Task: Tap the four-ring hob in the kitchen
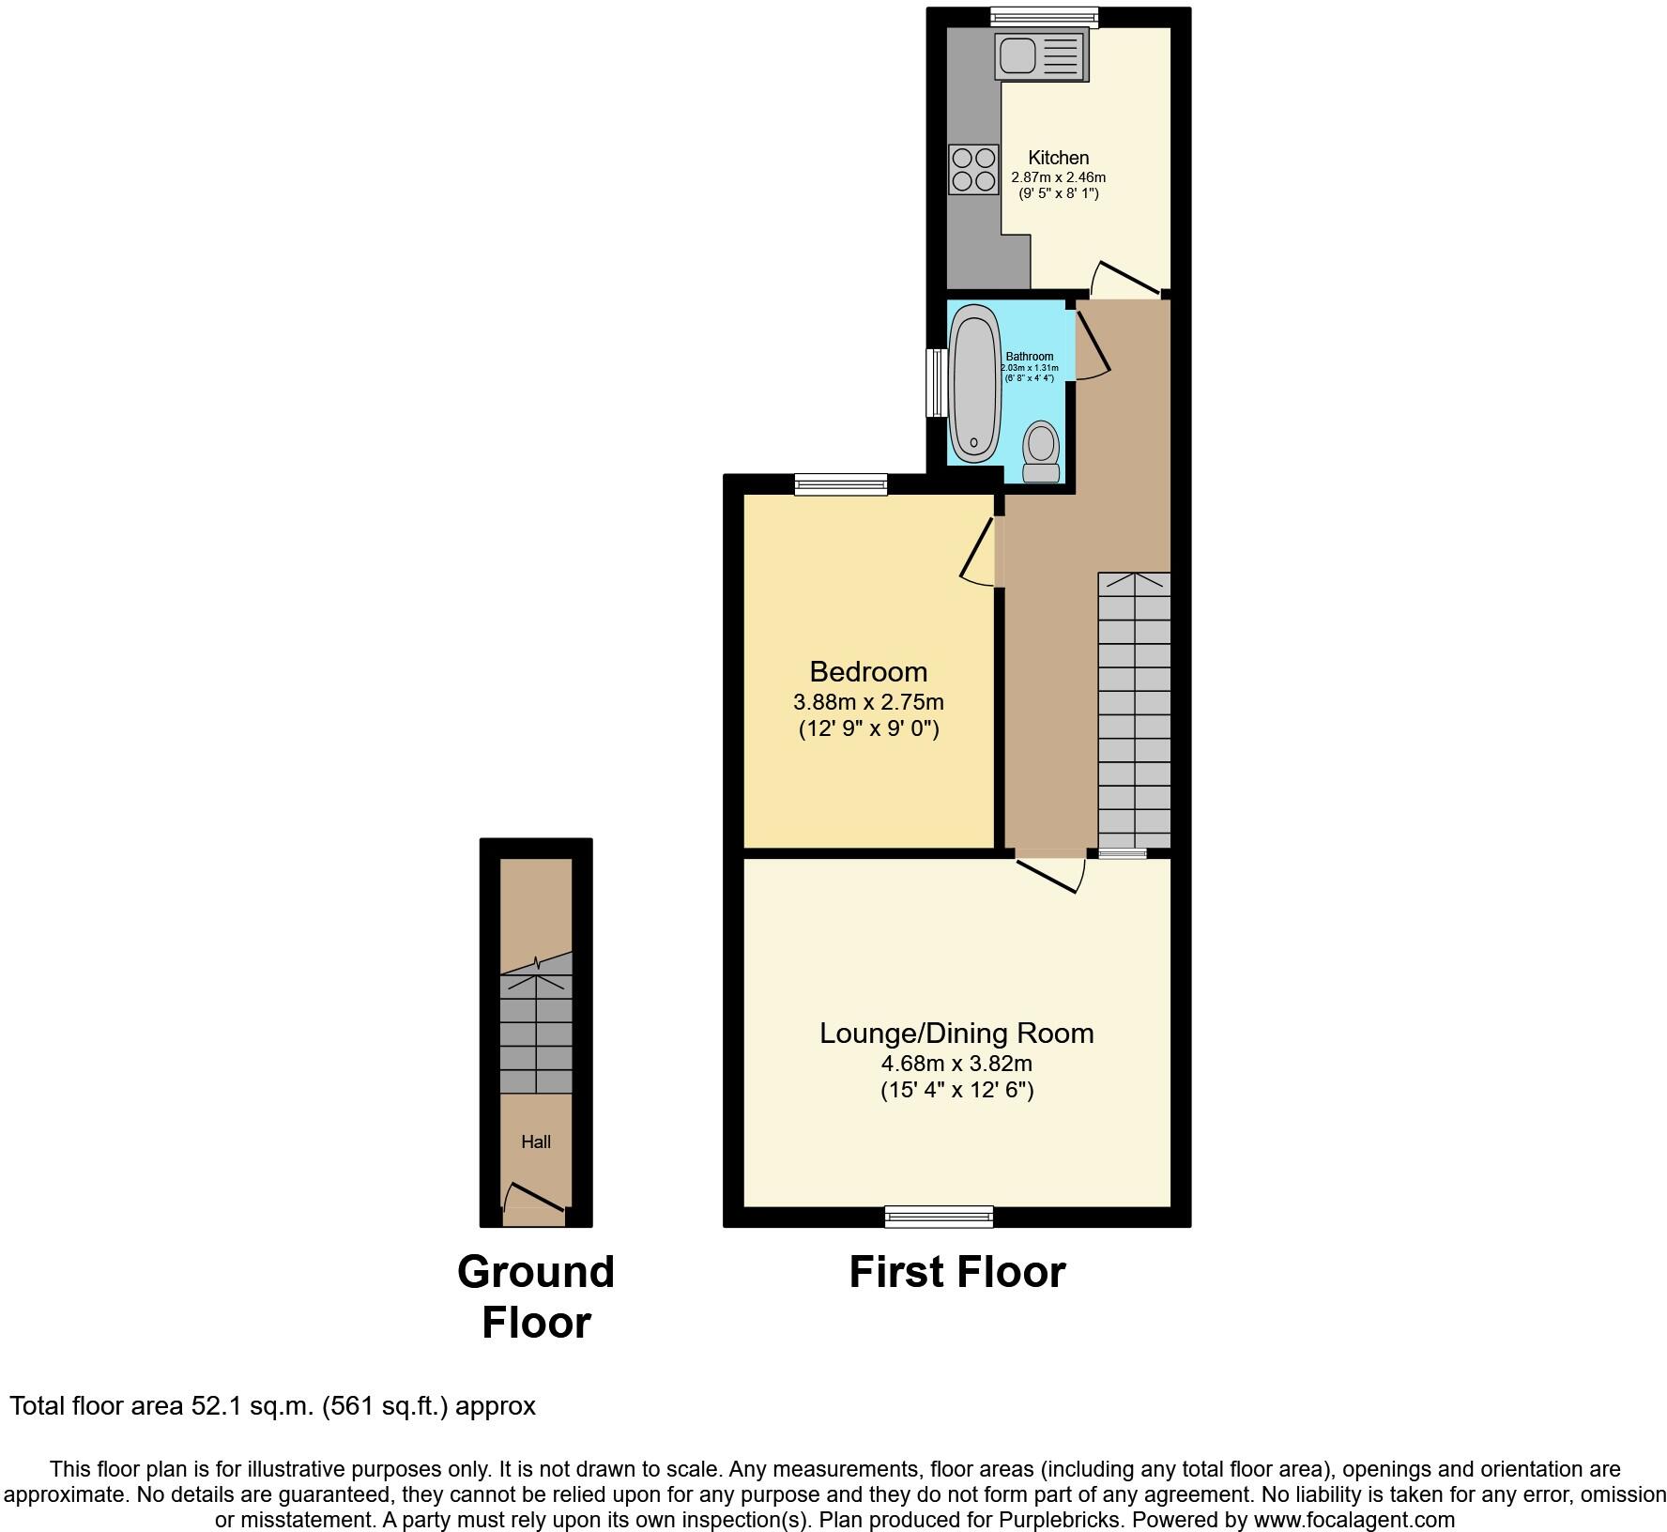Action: click(973, 170)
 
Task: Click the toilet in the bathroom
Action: click(1040, 452)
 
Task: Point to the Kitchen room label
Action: click(1058, 158)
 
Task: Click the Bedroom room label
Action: click(868, 672)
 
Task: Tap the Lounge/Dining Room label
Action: click(956, 1034)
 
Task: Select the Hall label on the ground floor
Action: click(536, 1142)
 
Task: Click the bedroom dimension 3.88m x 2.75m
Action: click(868, 702)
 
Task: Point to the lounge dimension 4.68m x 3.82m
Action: click(956, 1065)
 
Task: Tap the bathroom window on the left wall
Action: click(936, 383)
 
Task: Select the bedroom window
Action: click(840, 484)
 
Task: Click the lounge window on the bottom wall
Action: click(939, 1218)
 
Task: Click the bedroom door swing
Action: click(978, 555)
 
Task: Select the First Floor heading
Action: click(956, 1273)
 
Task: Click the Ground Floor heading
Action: click(536, 1297)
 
